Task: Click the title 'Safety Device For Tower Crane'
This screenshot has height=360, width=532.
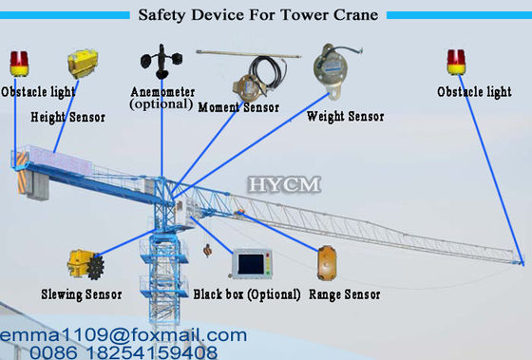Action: pos(257,15)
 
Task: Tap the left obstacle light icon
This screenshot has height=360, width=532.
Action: pos(19,64)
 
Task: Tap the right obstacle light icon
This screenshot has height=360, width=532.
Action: pos(456,63)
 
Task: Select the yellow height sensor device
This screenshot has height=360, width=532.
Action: pos(82,66)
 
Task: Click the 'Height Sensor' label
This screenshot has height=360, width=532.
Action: pos(68,118)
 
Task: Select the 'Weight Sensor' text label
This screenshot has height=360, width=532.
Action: pos(346,117)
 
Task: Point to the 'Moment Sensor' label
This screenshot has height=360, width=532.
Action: pos(238,108)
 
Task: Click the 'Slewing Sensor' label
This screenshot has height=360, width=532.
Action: pos(82,294)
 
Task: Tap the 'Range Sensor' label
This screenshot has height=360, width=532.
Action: pos(345,294)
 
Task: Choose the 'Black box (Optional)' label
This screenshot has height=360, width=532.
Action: pos(247,294)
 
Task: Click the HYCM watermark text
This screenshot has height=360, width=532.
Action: pos(284,182)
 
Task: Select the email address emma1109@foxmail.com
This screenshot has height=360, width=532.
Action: pos(123,334)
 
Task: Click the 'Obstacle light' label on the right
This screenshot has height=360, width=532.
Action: pos(474,92)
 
